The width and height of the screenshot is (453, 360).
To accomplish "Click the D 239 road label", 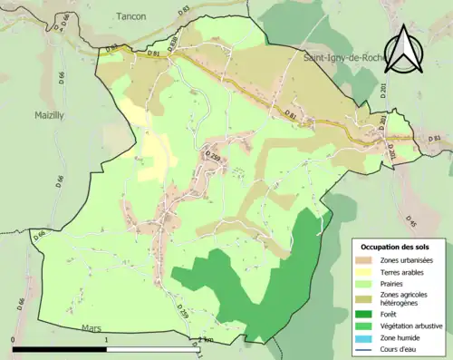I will [214, 157].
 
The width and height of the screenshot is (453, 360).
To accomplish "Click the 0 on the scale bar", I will [13, 340].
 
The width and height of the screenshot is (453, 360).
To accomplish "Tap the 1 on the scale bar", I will [106, 340].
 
